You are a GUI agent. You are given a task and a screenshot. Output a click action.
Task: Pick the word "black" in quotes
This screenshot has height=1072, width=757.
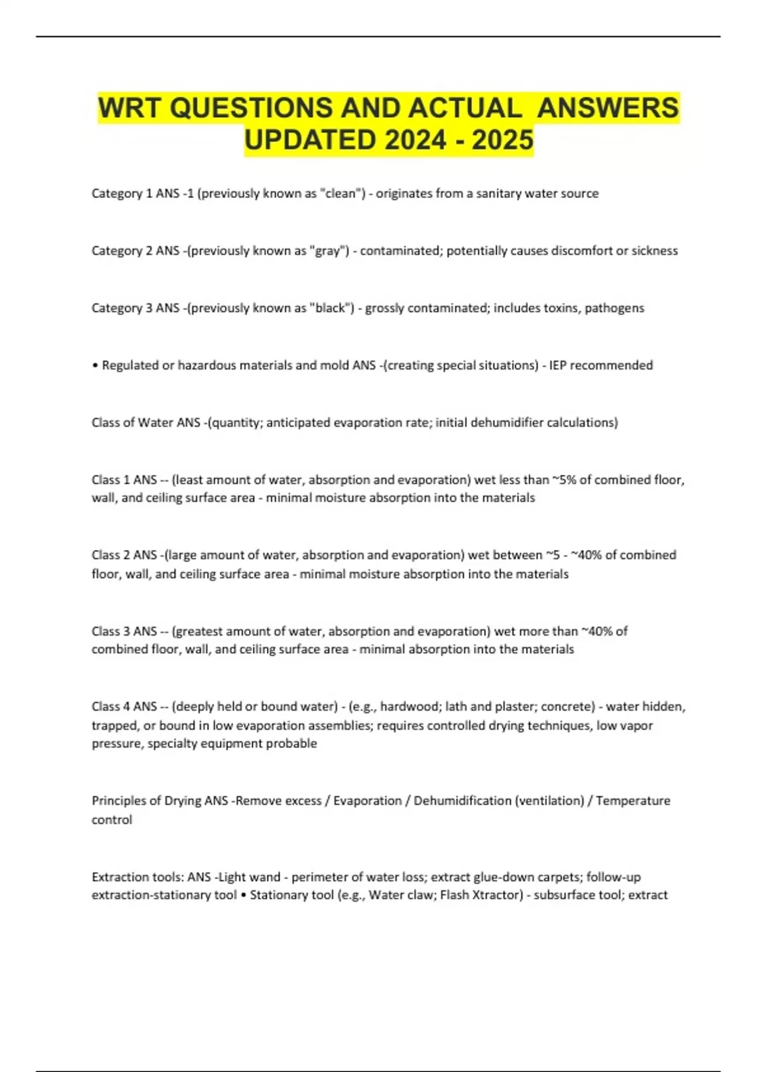coord(332,308)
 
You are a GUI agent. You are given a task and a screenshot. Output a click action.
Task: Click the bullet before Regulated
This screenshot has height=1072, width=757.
coord(95,366)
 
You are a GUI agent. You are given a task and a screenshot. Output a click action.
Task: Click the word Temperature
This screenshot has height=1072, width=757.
coord(633,801)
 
